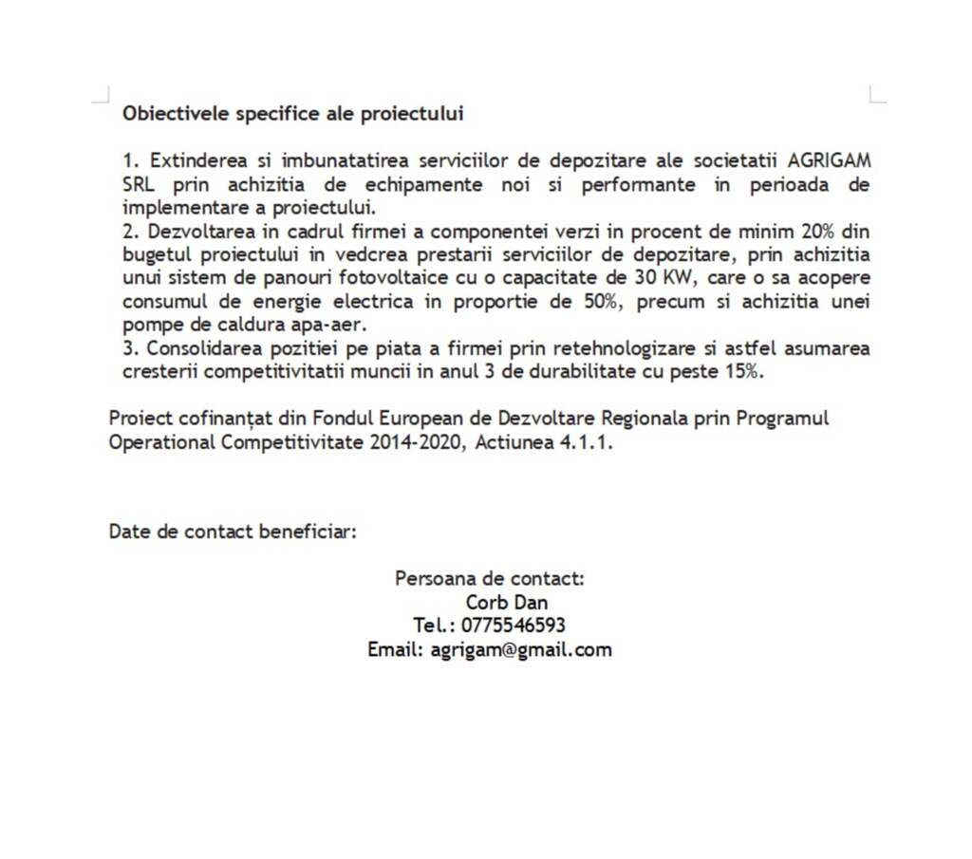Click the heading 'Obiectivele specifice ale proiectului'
coord(292,114)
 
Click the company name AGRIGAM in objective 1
coord(829,159)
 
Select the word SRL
coord(139,183)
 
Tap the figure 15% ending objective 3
coord(744,371)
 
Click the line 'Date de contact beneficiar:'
coord(233,531)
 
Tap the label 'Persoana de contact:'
coord(490,578)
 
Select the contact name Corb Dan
coord(506,602)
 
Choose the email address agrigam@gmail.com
coord(521,650)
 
